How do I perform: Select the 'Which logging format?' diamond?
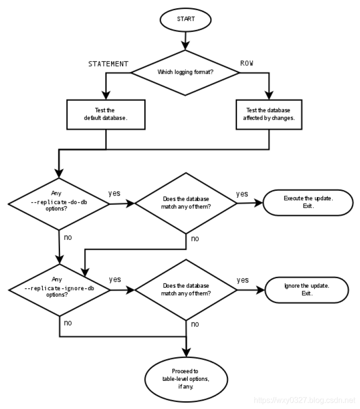(x=185, y=72)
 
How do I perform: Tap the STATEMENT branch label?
(x=108, y=64)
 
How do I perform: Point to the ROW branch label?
(x=247, y=63)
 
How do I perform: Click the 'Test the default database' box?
(x=105, y=114)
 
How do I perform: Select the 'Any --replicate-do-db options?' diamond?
(x=59, y=201)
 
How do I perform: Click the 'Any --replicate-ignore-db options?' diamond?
(x=59, y=288)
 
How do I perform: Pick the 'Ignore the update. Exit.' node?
(x=307, y=289)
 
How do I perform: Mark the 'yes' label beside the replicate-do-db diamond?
(x=115, y=194)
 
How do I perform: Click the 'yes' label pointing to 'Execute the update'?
(x=242, y=194)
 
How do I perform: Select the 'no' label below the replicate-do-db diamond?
(x=67, y=237)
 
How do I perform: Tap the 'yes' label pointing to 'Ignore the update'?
(x=243, y=280)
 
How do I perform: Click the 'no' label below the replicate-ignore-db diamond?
(x=67, y=323)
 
